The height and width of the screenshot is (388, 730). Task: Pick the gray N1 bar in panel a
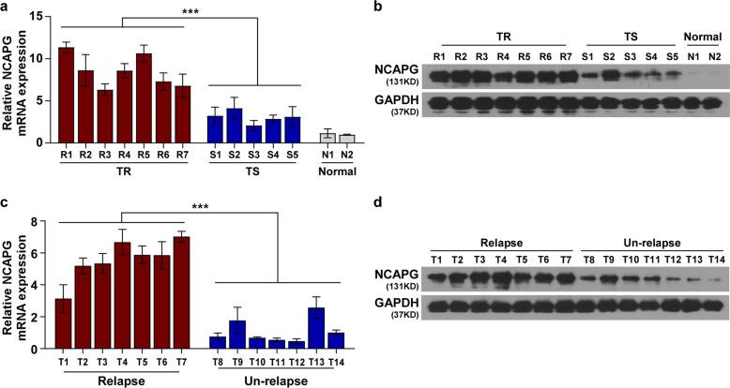coord(327,137)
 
